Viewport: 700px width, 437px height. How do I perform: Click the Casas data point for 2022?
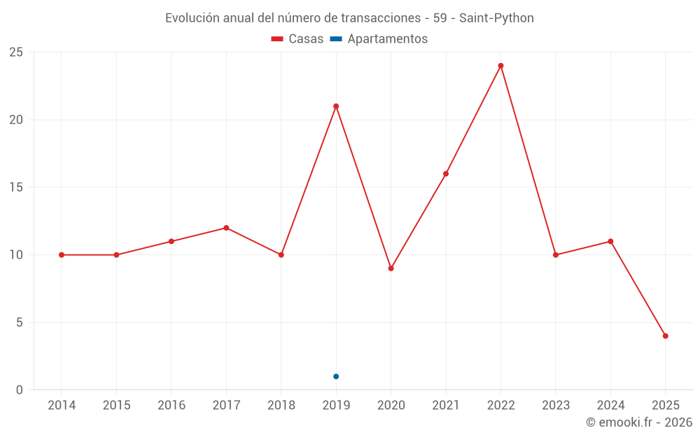coord(500,66)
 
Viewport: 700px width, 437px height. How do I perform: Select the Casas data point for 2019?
coord(336,106)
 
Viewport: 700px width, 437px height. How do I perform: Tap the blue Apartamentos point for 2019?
coord(336,376)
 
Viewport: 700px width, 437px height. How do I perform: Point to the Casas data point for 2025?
coord(665,336)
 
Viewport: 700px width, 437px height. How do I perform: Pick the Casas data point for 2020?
coord(391,268)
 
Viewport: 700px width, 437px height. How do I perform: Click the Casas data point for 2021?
coord(446,173)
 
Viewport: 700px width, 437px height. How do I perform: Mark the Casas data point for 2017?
coord(226,228)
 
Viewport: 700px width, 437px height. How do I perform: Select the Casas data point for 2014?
coord(62,255)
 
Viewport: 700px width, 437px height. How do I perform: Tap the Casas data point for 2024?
coord(610,241)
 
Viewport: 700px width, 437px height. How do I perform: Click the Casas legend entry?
coord(297,39)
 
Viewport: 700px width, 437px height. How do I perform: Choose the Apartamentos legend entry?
coord(379,39)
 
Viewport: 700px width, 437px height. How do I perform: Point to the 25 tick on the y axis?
coord(16,52)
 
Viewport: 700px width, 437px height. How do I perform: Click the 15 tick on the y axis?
coord(16,187)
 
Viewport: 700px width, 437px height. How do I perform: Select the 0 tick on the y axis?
coord(20,390)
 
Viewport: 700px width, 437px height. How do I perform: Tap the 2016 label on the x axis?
coord(171,406)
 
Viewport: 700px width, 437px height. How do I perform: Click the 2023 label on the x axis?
coord(556,406)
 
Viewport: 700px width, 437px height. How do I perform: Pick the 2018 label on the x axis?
coord(281,406)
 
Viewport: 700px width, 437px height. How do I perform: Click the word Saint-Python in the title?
coord(496,18)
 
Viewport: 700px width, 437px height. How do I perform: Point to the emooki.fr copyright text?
coord(639,422)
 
